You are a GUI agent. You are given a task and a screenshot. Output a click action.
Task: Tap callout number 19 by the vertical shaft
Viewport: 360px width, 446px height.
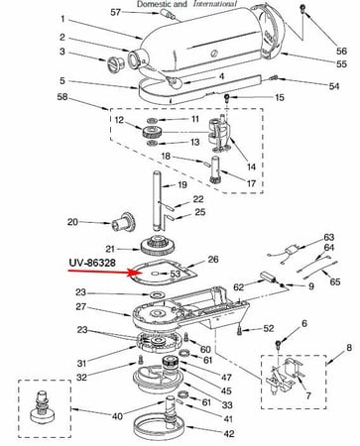pyautogui.click(x=196, y=185)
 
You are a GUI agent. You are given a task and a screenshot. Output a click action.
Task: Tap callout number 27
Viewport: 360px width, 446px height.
pyautogui.click(x=84, y=308)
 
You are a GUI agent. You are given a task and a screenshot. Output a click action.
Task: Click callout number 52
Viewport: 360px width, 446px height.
pyautogui.click(x=270, y=328)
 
